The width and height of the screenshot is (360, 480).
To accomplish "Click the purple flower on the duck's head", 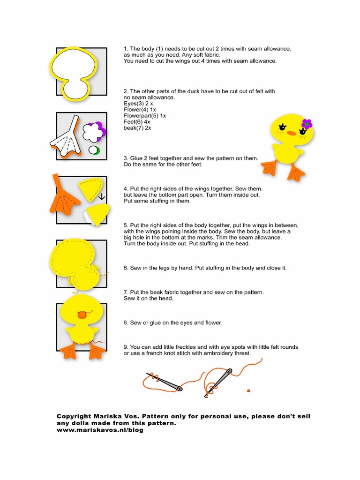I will click(307, 124).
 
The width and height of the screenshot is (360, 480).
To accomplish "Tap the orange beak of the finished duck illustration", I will click(291, 133).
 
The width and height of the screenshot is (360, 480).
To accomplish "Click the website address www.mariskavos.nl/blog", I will click(100, 430).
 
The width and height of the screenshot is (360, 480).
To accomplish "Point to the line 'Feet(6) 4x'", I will click(137, 121).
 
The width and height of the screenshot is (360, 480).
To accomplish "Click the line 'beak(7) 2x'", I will click(137, 127).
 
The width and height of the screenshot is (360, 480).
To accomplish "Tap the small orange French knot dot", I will click(248, 390).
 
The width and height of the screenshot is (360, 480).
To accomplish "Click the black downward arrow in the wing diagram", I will click(101, 196).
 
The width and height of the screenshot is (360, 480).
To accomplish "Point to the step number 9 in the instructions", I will click(126, 347).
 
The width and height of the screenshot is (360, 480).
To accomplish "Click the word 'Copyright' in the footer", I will click(73, 416).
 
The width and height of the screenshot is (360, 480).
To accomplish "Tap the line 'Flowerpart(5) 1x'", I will click(145, 115).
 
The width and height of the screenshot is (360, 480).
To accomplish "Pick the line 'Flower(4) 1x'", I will click(140, 109).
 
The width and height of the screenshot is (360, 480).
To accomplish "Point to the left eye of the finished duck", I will click(283, 127).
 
